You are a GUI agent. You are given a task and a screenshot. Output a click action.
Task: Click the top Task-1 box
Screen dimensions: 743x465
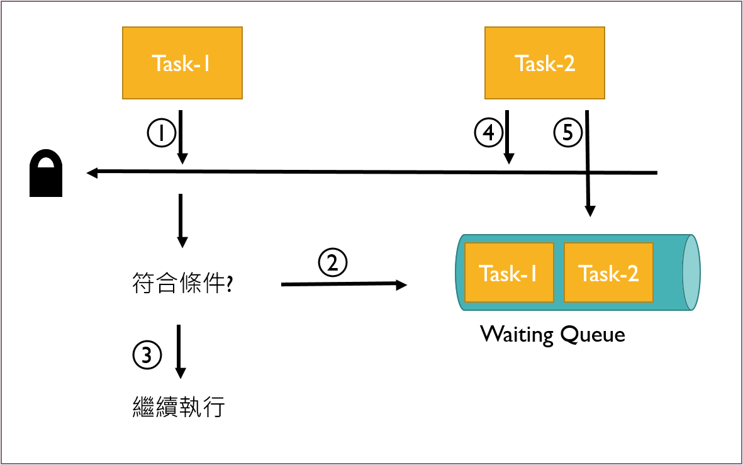182,63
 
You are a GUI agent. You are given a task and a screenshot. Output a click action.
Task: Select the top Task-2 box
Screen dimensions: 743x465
544,63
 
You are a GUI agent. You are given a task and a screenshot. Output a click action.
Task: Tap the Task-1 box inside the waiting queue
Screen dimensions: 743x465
509,272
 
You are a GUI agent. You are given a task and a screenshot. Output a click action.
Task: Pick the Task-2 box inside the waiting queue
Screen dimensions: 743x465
608,272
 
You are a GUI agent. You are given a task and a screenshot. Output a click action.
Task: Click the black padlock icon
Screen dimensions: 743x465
46,173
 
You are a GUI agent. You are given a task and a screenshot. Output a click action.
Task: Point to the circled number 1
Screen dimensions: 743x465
162,133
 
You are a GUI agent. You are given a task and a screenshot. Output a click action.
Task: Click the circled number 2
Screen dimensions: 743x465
333,262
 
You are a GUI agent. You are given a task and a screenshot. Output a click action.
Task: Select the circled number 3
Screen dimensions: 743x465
147,355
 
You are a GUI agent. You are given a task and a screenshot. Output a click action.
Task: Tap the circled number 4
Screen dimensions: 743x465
489,132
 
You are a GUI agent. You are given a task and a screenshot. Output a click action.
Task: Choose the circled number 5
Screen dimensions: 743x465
567,132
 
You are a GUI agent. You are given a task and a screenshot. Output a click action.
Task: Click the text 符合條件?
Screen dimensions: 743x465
182,283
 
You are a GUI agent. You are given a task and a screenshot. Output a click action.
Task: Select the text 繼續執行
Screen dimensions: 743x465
179,406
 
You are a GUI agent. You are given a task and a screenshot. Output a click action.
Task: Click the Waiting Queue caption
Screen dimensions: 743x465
552,335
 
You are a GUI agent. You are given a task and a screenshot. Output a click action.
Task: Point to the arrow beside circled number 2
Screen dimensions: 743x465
344,284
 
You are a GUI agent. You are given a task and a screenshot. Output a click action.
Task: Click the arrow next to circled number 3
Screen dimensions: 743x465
179,352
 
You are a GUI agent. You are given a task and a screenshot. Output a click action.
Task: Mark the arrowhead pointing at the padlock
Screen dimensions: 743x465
92,172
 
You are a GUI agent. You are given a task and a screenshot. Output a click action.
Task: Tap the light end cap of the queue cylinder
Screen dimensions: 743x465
691,272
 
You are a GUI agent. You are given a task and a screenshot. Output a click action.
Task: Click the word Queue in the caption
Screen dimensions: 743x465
593,335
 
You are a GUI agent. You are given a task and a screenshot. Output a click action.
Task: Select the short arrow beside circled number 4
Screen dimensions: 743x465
508,137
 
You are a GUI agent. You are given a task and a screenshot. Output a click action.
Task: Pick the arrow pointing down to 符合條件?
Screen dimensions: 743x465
182,221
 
